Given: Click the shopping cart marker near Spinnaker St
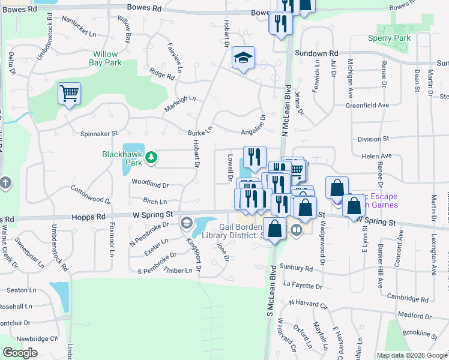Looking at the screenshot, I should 69,94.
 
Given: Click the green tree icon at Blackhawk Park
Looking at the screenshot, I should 152,157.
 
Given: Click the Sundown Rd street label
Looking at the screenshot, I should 316,53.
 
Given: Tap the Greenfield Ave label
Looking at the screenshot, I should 367,105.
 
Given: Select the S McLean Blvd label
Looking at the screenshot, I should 270,307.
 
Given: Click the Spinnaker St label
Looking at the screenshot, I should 99,134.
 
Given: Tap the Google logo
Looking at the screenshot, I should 20,353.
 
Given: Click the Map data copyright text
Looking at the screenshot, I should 412,355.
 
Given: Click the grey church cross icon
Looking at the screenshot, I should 5,183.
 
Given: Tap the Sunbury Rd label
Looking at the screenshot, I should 297,268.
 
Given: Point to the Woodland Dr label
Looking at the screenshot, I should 150,185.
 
